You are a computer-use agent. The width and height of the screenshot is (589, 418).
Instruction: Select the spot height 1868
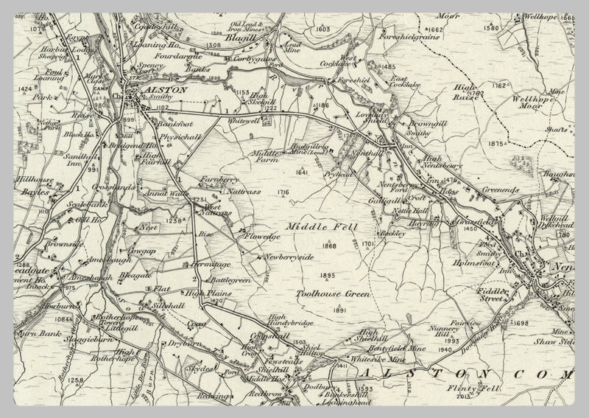tap(329, 246)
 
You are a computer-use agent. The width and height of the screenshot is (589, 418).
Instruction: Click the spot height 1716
tap(283, 192)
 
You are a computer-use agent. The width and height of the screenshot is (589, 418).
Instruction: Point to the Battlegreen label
tap(230, 281)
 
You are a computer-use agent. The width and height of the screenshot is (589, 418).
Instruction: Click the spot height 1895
tap(328, 276)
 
